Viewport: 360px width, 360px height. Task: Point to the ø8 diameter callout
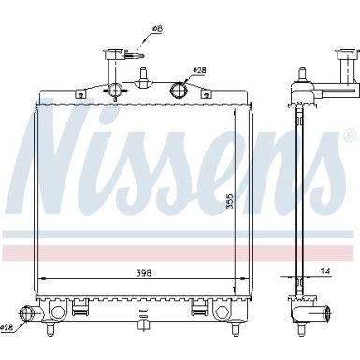155,30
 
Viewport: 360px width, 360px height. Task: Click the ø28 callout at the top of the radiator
199,69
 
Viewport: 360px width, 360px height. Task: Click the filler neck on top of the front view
114,63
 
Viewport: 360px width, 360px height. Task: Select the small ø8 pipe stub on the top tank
144,75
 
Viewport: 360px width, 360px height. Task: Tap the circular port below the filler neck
115,90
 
